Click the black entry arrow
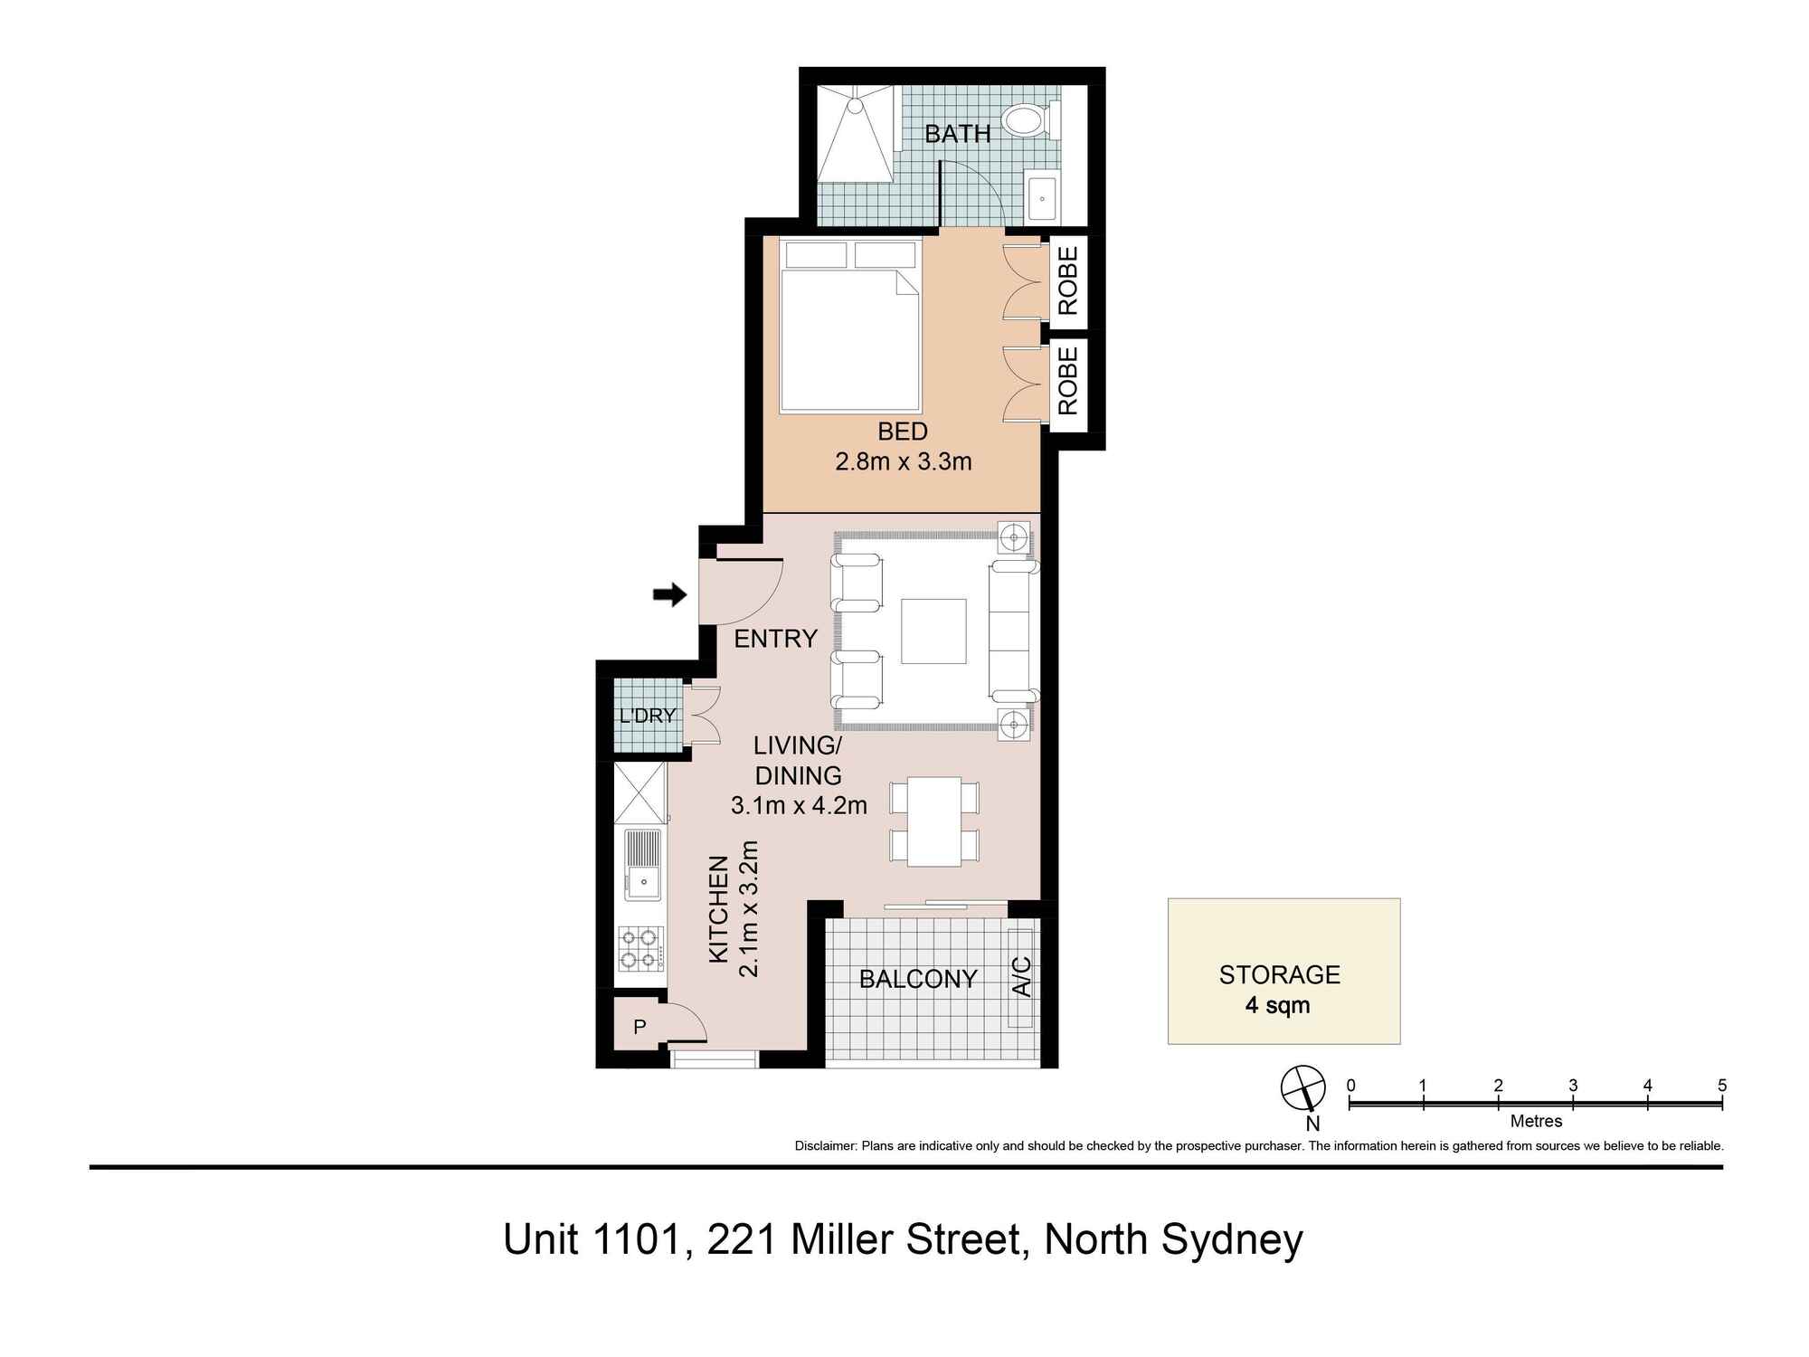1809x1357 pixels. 669,595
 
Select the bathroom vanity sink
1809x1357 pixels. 1042,196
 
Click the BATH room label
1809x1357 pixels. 957,134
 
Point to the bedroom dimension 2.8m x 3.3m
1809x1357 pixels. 903,462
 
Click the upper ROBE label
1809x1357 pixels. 1068,280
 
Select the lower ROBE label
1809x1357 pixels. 1068,380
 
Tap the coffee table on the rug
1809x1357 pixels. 933,631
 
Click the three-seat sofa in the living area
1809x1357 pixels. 1013,631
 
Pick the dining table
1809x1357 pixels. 933,821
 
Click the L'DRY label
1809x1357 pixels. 647,716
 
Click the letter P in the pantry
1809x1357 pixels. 639,1027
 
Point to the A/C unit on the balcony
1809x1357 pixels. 1020,977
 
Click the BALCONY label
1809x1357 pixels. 917,979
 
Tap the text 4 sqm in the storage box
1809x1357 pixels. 1277,1005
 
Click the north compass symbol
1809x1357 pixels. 1302,1088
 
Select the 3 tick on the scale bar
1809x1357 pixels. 1573,1102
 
